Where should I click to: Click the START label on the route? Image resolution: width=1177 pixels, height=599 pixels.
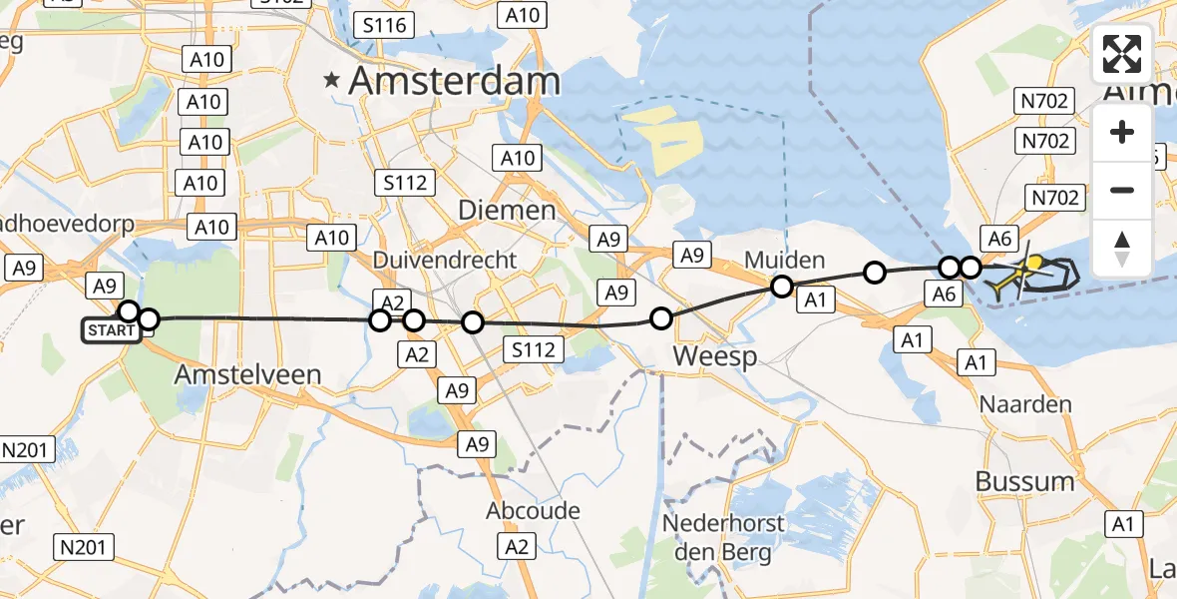(110, 330)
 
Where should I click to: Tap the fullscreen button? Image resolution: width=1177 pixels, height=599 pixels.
(1122, 54)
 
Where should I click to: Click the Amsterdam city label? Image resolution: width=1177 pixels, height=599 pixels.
(454, 82)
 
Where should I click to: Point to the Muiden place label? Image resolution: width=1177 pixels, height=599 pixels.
(785, 262)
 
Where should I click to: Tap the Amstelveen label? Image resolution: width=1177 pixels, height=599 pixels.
(247, 375)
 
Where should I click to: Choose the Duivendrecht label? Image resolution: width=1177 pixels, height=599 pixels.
(445, 260)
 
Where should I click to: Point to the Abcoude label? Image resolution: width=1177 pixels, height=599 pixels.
(533, 511)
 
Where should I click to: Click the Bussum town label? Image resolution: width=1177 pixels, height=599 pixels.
(1024, 481)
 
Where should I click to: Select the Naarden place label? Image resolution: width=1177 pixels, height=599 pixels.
(1024, 405)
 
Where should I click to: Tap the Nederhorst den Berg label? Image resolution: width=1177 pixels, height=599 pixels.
(725, 537)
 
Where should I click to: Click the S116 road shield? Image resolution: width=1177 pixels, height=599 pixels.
(383, 24)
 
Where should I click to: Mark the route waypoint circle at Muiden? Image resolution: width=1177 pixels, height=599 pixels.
(782, 288)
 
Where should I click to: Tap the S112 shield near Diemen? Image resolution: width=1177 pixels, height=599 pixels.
(404, 183)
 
